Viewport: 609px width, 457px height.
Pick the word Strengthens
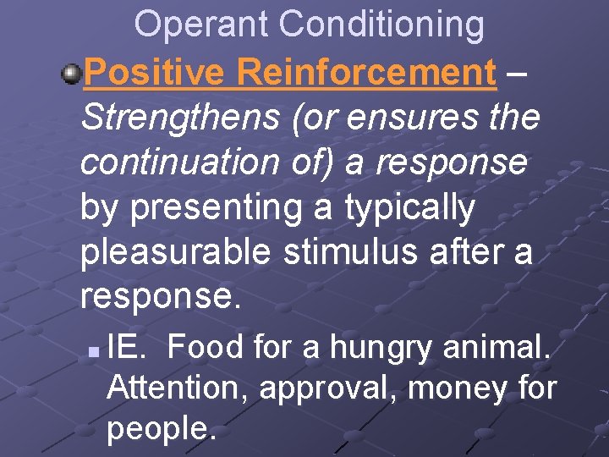(180, 118)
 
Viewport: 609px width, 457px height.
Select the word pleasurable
(176, 251)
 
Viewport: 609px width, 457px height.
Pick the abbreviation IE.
(126, 347)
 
